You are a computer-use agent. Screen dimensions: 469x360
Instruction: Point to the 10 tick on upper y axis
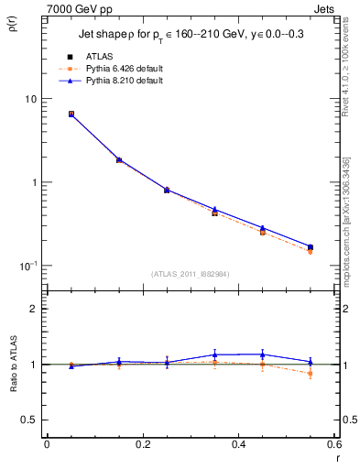point(30,99)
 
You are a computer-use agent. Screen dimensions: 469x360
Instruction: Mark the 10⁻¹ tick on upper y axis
point(28,266)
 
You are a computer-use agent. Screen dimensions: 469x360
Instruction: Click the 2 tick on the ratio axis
point(35,310)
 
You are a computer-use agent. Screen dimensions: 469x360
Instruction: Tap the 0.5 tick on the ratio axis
point(30,420)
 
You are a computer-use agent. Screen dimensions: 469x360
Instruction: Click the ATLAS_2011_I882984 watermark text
point(190,272)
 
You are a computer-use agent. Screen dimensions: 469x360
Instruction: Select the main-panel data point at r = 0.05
point(71,114)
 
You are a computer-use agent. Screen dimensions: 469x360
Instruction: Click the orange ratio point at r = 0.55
point(311,374)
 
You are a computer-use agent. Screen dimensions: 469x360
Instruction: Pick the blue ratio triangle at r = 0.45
point(262,354)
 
